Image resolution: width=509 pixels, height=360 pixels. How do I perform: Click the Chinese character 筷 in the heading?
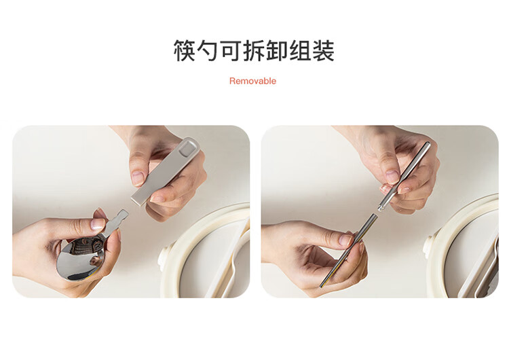tap(185, 50)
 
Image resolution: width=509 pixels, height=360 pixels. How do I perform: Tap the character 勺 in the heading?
tap(208, 50)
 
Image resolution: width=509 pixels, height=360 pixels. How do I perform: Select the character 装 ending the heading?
tap(323, 50)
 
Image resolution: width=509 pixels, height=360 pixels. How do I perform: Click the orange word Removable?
tap(252, 81)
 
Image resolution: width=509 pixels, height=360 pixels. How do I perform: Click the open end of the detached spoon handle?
tap(138, 199)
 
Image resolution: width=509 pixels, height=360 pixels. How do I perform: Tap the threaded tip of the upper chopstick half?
tap(380, 206)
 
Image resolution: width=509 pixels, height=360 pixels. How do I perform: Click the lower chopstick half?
tap(349, 250)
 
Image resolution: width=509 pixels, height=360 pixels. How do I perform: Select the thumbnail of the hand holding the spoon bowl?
tap(98, 224)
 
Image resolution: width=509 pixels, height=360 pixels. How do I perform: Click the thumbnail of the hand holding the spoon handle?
tap(138, 177)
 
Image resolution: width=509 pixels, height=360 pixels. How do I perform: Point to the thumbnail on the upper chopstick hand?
tap(392, 176)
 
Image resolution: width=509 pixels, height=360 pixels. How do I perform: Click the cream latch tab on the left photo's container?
tap(164, 259)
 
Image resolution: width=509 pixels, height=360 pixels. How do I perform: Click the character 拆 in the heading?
tap(254, 50)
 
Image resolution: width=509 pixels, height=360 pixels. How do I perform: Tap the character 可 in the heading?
tap(231, 50)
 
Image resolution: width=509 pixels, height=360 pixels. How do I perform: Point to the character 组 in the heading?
tap(300, 50)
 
